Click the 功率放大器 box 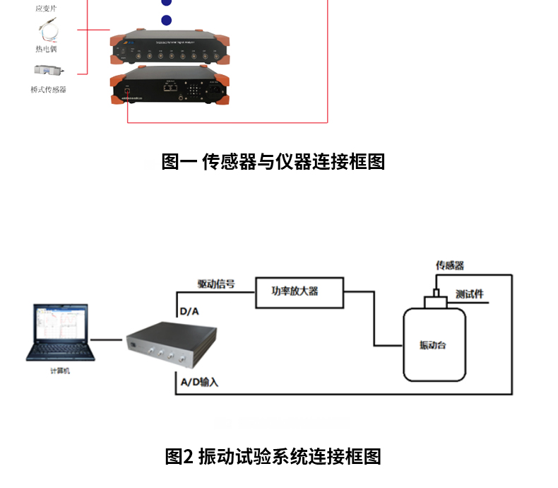click(x=298, y=291)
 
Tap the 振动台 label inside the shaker click(x=432, y=345)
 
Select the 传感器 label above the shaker click(x=450, y=266)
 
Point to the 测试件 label click(x=470, y=294)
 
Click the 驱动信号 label click(x=216, y=284)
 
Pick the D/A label click(x=190, y=311)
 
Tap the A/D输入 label click(x=200, y=382)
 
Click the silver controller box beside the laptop click(x=170, y=346)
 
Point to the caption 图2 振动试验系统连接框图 click(x=273, y=456)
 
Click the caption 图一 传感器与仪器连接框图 click(x=273, y=162)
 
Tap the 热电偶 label click(x=49, y=49)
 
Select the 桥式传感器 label click(x=49, y=90)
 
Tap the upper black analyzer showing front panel click(x=169, y=48)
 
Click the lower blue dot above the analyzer click(x=166, y=21)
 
